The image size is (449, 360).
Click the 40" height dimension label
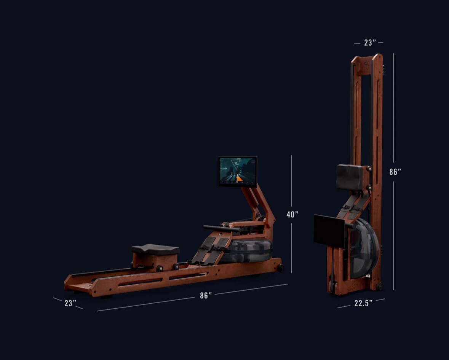[x=292, y=215]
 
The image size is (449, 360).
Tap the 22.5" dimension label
[x=363, y=303]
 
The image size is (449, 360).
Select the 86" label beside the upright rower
[x=395, y=172]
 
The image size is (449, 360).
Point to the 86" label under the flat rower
[x=206, y=296]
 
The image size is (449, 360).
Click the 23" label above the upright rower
[x=369, y=43]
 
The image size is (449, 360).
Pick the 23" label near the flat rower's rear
[x=70, y=303]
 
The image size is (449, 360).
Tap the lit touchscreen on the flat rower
[x=238, y=172]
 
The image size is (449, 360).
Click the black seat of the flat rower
[x=155, y=250]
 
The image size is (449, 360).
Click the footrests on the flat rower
[x=209, y=249]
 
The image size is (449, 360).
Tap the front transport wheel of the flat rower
[x=280, y=268]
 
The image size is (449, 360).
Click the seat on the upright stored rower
[x=349, y=177]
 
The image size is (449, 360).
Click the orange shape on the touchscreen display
[x=239, y=178]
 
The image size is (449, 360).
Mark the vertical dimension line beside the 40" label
[x=292, y=183]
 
